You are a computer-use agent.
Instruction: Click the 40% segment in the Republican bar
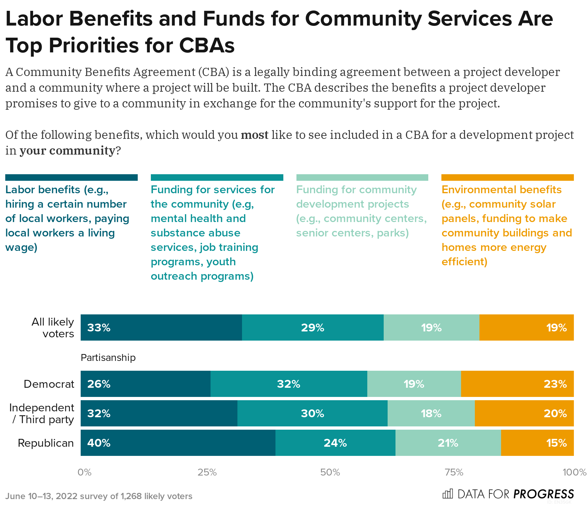(178, 443)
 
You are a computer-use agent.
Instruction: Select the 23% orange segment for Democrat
(517, 384)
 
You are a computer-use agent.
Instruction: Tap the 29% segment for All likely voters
(313, 327)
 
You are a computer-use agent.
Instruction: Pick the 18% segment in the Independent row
(431, 413)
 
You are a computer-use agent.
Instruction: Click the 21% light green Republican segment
(448, 443)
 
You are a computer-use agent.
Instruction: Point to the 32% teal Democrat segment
(289, 384)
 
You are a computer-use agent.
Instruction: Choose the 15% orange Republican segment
(537, 443)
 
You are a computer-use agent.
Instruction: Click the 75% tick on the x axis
(454, 472)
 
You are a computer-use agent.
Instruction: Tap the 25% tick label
(207, 472)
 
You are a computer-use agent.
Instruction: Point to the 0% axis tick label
(84, 472)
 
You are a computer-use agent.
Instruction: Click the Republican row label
(46, 443)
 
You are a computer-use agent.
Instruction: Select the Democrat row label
(49, 384)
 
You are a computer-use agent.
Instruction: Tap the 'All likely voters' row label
(53, 327)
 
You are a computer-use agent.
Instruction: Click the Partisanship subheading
(108, 357)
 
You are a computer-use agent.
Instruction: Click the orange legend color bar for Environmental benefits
(507, 178)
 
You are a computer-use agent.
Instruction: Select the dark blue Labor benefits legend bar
(71, 178)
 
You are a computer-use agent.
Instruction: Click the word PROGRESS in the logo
(543, 494)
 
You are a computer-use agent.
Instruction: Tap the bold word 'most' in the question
(254, 135)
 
